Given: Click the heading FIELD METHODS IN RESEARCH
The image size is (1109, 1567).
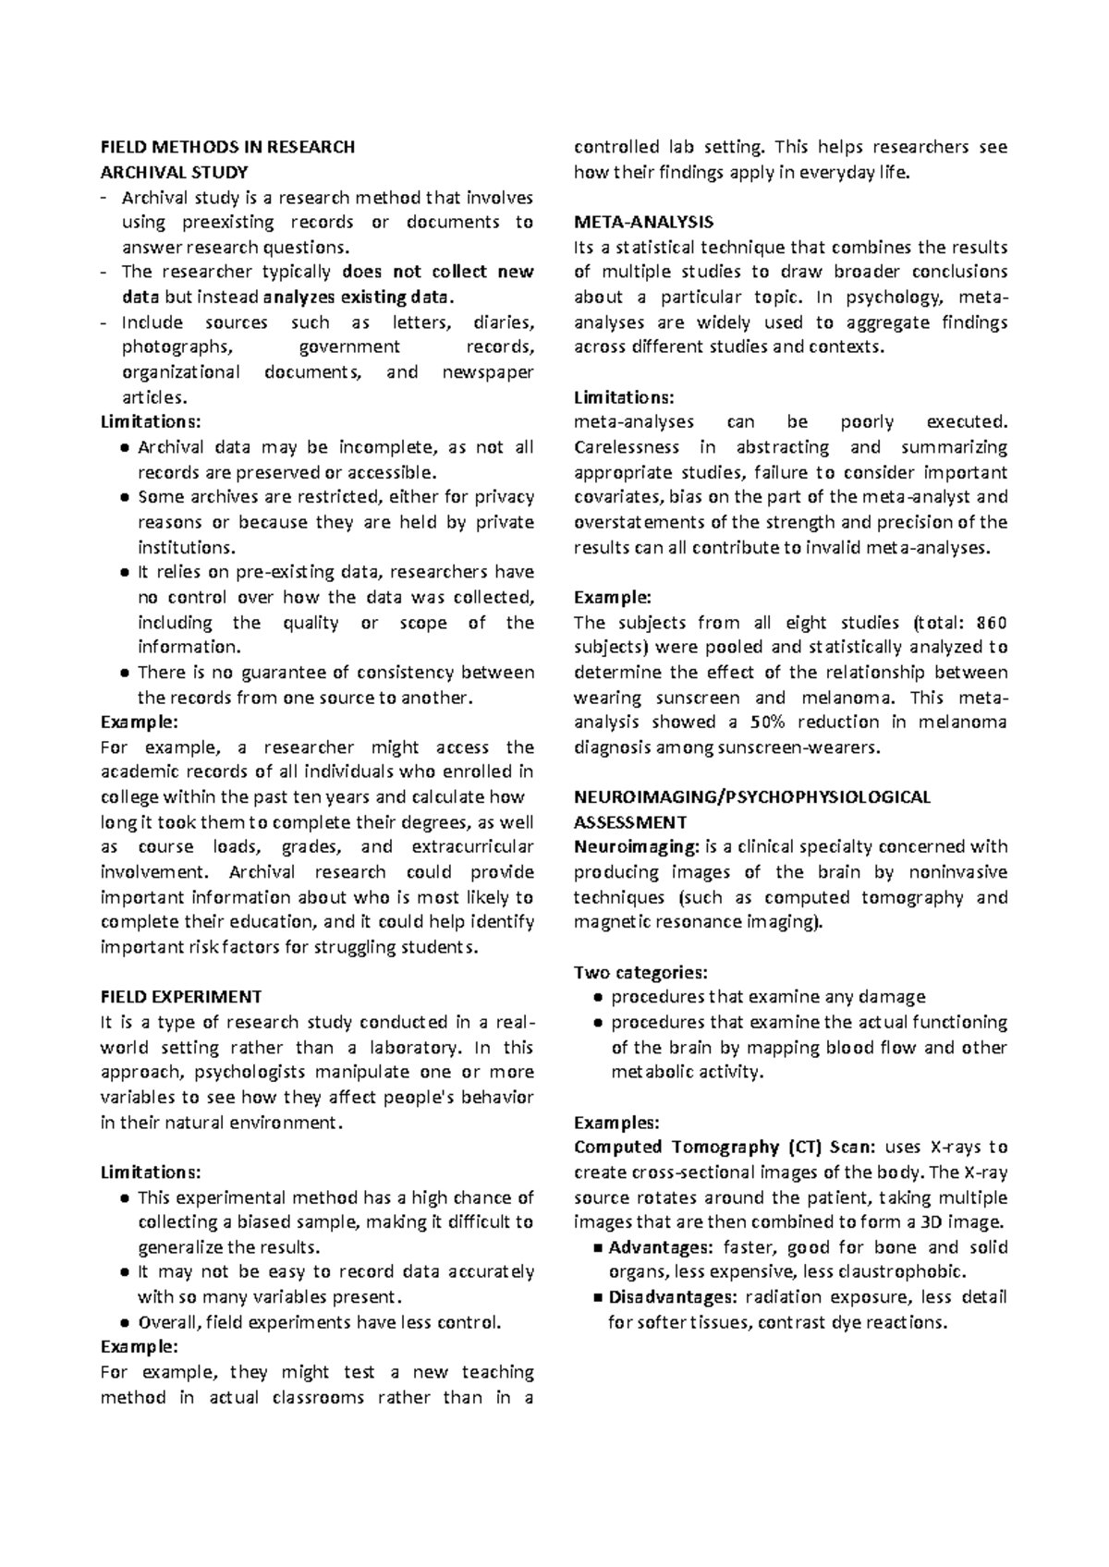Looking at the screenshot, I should tap(227, 147).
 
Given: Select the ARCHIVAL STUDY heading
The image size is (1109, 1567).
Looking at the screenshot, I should tap(174, 172).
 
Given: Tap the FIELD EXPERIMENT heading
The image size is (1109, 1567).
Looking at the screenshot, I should tap(181, 997).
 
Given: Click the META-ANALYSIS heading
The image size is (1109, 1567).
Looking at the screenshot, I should tap(643, 222).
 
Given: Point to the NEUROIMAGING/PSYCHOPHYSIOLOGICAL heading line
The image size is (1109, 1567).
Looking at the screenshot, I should tap(752, 796).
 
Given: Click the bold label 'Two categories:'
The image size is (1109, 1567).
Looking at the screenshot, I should tap(640, 972).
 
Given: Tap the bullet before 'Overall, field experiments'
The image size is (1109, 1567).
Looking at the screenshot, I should tap(124, 1323).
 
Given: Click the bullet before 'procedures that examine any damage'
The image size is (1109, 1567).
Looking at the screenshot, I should tap(598, 998).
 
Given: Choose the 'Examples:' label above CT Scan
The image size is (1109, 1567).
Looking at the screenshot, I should tap(616, 1123).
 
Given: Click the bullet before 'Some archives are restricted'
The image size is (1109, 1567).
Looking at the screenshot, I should tap(124, 498).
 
